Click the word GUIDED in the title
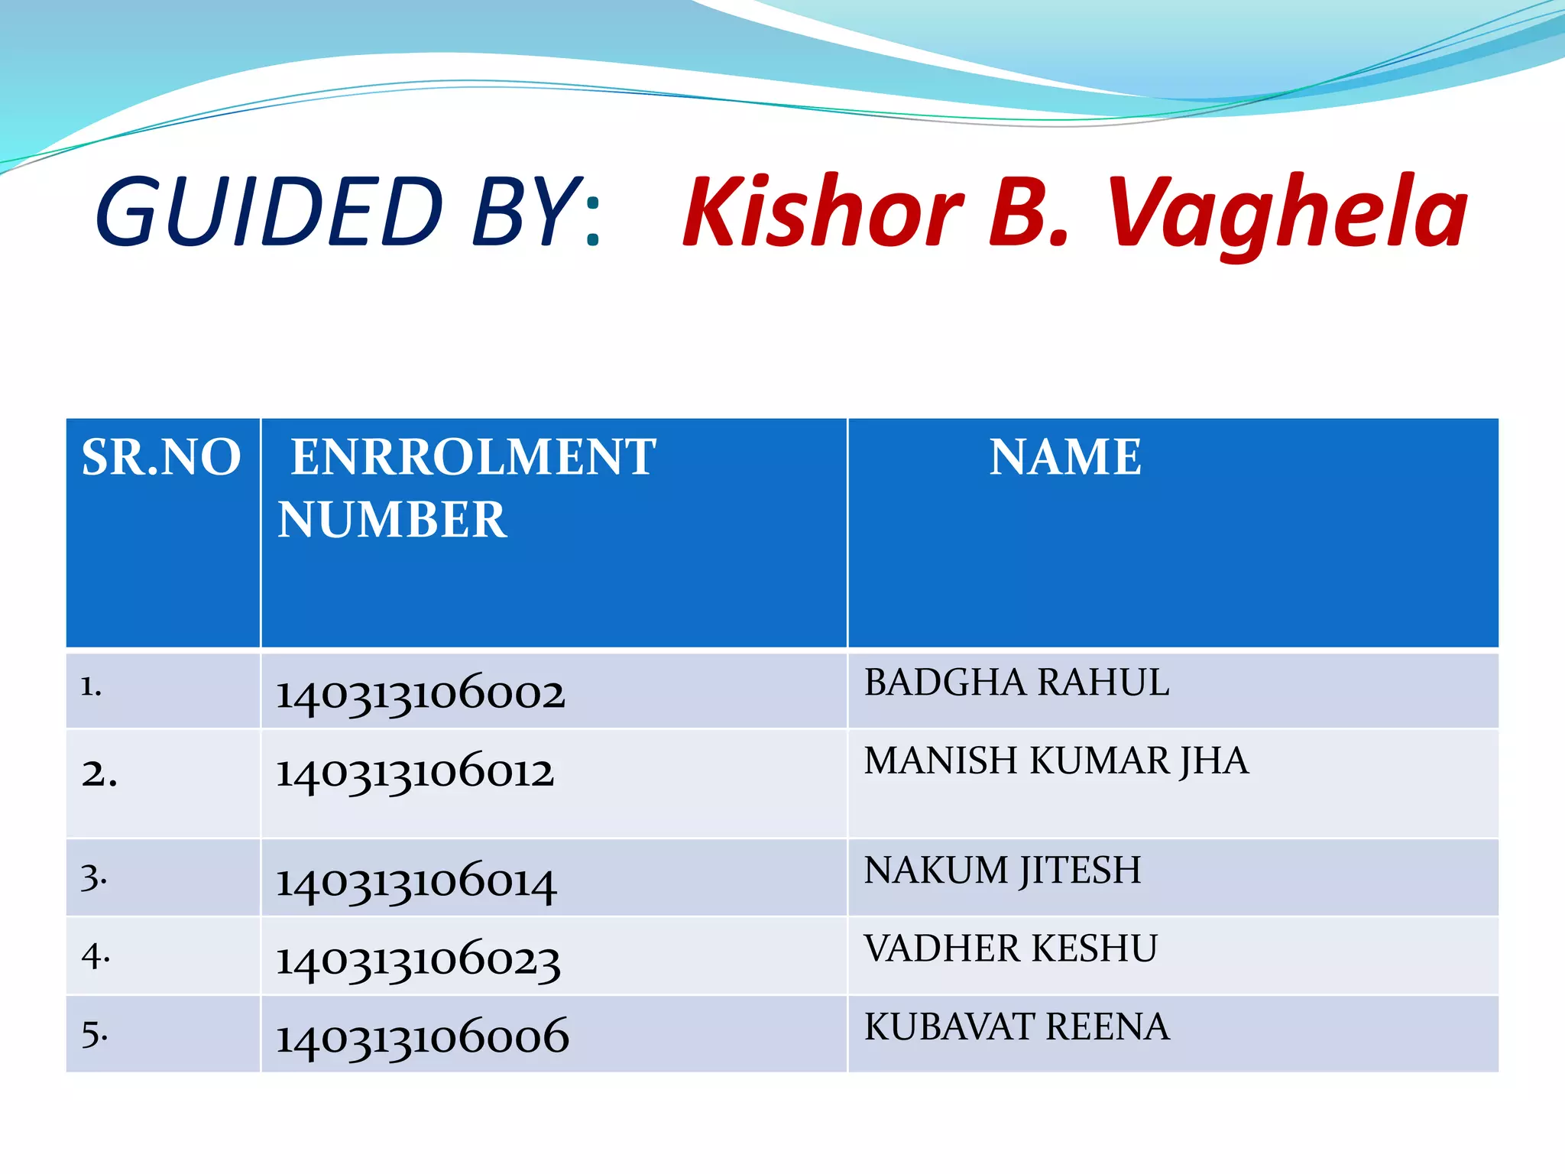point(269,212)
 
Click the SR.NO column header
point(161,458)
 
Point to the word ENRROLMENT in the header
point(473,458)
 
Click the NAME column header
point(1065,458)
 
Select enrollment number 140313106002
point(420,693)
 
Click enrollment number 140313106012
point(415,772)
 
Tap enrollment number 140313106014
point(416,881)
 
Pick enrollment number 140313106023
point(418,960)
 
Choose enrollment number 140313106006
point(423,1037)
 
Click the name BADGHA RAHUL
point(1016,683)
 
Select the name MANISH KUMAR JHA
point(1056,761)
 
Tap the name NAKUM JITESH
point(1003,871)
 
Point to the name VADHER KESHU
point(1010,949)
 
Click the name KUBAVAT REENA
point(1016,1026)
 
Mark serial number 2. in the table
point(99,774)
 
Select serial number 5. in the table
point(95,1034)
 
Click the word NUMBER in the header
point(392,521)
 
